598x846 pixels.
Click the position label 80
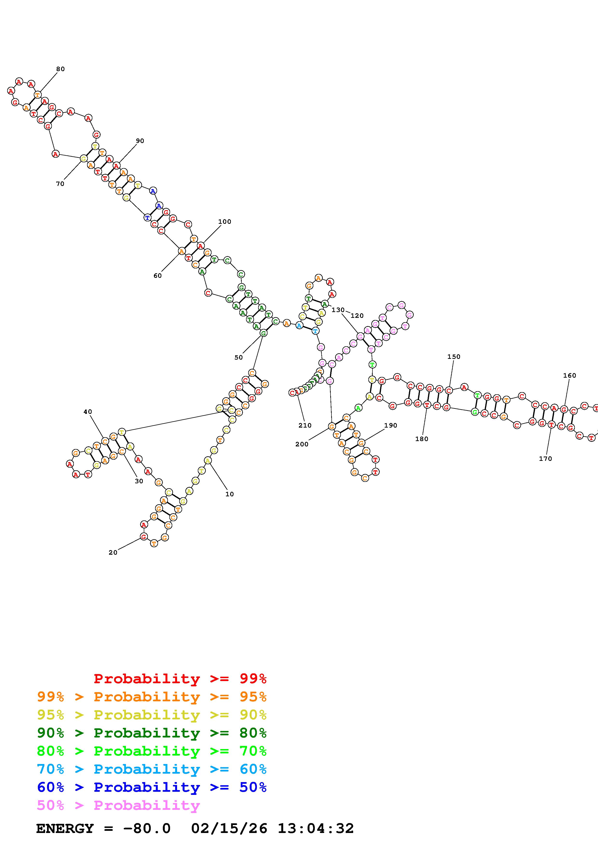click(60, 69)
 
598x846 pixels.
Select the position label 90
click(140, 141)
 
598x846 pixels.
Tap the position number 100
click(224, 221)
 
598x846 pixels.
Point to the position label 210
click(305, 425)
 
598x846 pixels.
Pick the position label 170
click(545, 458)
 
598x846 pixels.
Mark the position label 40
click(88, 412)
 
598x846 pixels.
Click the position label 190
click(391, 425)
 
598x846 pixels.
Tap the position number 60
click(157, 276)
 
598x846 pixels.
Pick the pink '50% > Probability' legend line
click(118, 805)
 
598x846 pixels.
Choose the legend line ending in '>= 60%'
click(151, 769)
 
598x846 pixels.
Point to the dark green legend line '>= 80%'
click(151, 733)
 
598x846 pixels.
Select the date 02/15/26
click(229, 828)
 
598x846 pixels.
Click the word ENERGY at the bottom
click(65, 828)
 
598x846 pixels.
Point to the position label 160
click(569, 375)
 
